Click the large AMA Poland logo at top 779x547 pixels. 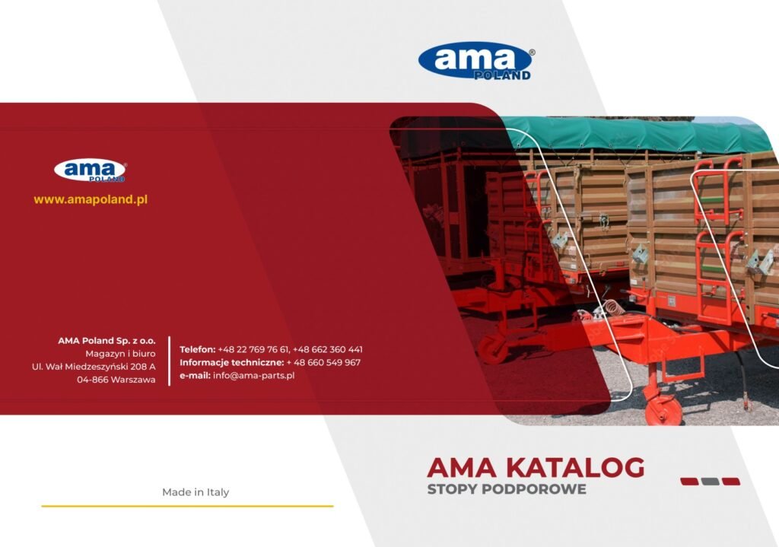point(475,61)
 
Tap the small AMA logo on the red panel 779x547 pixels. point(90,170)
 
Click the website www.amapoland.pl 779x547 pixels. point(91,199)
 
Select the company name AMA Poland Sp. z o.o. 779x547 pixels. point(107,341)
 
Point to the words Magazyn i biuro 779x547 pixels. point(120,354)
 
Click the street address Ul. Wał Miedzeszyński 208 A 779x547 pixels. point(94,367)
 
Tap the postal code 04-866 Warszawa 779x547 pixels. point(116,380)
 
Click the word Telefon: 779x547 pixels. point(197,349)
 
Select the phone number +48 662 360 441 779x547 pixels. point(327,349)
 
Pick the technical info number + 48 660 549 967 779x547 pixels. point(323,362)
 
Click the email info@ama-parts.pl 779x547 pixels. point(253,375)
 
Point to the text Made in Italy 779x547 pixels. point(196,492)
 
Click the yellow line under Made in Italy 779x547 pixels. point(187,506)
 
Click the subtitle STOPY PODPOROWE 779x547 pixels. point(506,489)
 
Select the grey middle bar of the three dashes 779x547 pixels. point(710,482)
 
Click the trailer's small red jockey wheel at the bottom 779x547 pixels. point(663,409)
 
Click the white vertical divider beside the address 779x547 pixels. point(170,361)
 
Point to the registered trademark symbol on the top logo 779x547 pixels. point(532,52)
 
